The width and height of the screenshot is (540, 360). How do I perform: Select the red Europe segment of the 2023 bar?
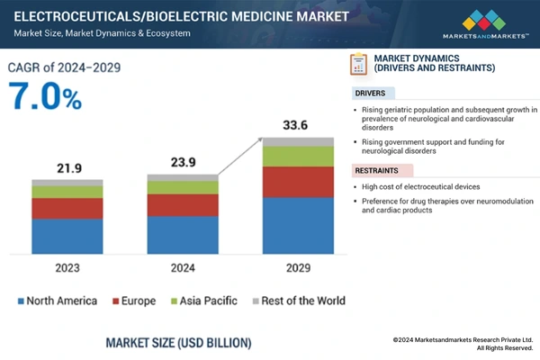pyautogui.click(x=67, y=209)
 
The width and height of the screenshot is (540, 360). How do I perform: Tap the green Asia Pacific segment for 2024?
pyautogui.click(x=183, y=187)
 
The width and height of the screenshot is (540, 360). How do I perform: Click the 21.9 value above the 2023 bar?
pyautogui.click(x=67, y=169)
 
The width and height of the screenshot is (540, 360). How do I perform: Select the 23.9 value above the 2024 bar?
pyautogui.click(x=183, y=163)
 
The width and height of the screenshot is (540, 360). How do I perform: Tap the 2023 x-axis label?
pyautogui.click(x=67, y=267)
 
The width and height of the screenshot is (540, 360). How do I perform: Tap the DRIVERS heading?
pyautogui.click(x=372, y=93)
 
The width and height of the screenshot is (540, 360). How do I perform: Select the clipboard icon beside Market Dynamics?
pyautogui.click(x=358, y=65)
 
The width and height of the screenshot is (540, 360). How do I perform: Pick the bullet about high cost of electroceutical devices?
pyautogui.click(x=418, y=186)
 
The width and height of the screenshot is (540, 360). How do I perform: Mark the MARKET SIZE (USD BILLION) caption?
pyautogui.click(x=178, y=343)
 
